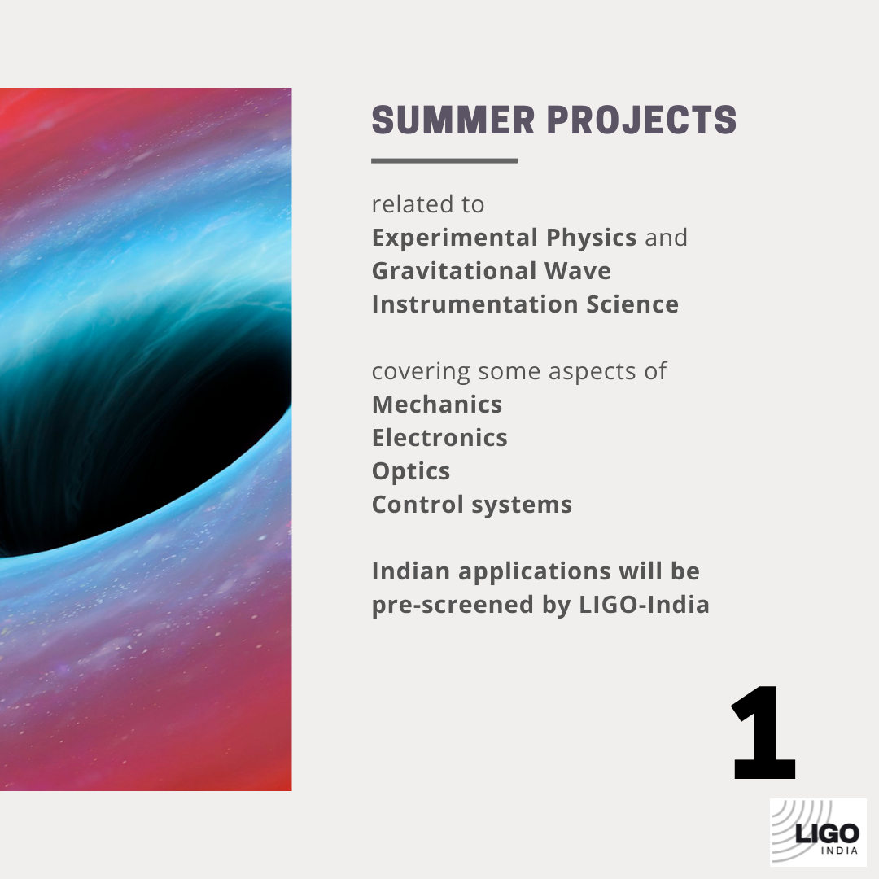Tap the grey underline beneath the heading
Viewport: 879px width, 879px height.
pos(444,160)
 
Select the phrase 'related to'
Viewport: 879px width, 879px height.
pos(427,204)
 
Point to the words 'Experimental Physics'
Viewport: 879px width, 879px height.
pos(504,238)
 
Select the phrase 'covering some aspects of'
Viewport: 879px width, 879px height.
pos(518,371)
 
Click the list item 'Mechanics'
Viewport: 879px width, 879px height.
pos(437,405)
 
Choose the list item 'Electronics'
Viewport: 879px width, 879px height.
pos(439,438)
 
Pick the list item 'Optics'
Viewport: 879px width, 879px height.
pos(411,471)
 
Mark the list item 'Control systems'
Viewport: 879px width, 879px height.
pos(472,505)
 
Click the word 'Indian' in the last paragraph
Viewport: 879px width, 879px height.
pos(411,571)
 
